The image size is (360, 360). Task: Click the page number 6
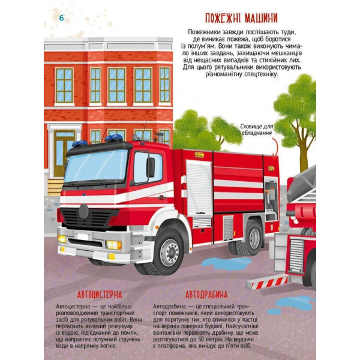[61, 18]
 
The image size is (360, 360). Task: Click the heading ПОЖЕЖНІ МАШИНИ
[241, 19]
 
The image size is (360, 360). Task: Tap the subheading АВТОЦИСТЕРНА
[100, 295]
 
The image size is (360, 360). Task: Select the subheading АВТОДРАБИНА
[206, 295]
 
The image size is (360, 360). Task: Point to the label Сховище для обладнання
[257, 130]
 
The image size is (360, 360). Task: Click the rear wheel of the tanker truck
[253, 238]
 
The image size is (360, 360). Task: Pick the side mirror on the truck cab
[151, 167]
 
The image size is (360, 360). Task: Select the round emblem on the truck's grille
[83, 211]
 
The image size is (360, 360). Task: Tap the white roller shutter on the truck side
[199, 188]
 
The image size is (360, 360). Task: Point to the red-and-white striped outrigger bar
[268, 283]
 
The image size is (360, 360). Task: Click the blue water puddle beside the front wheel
[226, 263]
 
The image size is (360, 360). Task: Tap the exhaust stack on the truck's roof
[160, 138]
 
